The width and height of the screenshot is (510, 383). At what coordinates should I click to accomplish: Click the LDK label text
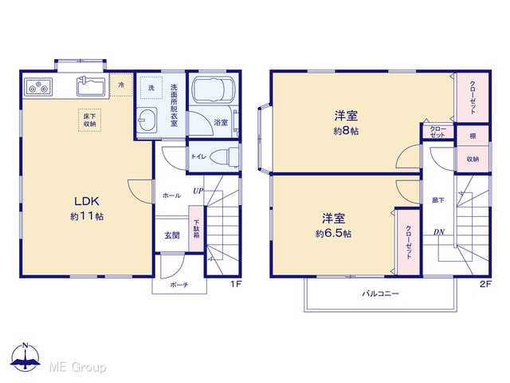click(87, 201)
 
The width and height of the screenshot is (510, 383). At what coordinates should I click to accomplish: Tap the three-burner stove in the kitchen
click(38, 87)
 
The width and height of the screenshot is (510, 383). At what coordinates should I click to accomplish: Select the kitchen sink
click(91, 86)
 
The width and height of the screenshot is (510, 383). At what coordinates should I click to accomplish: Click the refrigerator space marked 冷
click(121, 85)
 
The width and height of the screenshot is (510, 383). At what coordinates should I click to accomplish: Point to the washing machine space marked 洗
click(151, 88)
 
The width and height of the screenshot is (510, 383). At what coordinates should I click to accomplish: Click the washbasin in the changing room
click(146, 120)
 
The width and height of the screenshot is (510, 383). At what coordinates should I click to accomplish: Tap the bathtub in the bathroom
click(214, 90)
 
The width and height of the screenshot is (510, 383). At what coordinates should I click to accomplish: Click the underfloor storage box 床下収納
click(89, 120)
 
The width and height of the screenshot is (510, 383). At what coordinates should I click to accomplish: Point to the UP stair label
click(198, 191)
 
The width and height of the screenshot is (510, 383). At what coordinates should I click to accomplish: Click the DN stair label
click(439, 232)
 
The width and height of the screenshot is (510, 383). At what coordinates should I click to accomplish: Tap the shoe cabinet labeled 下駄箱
click(197, 228)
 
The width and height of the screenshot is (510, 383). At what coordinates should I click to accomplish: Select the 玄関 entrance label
click(172, 235)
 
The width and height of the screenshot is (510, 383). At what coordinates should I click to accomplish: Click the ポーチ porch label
click(179, 285)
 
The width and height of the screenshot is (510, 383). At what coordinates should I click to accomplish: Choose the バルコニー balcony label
click(381, 294)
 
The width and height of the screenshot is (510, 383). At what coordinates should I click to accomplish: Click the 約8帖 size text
click(346, 131)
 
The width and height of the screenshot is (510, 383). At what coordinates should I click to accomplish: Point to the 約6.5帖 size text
click(333, 234)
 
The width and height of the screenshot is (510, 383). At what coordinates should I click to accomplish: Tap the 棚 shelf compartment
click(473, 136)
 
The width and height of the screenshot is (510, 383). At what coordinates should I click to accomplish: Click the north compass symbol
click(25, 357)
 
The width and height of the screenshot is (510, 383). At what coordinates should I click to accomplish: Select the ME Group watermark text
click(77, 367)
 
